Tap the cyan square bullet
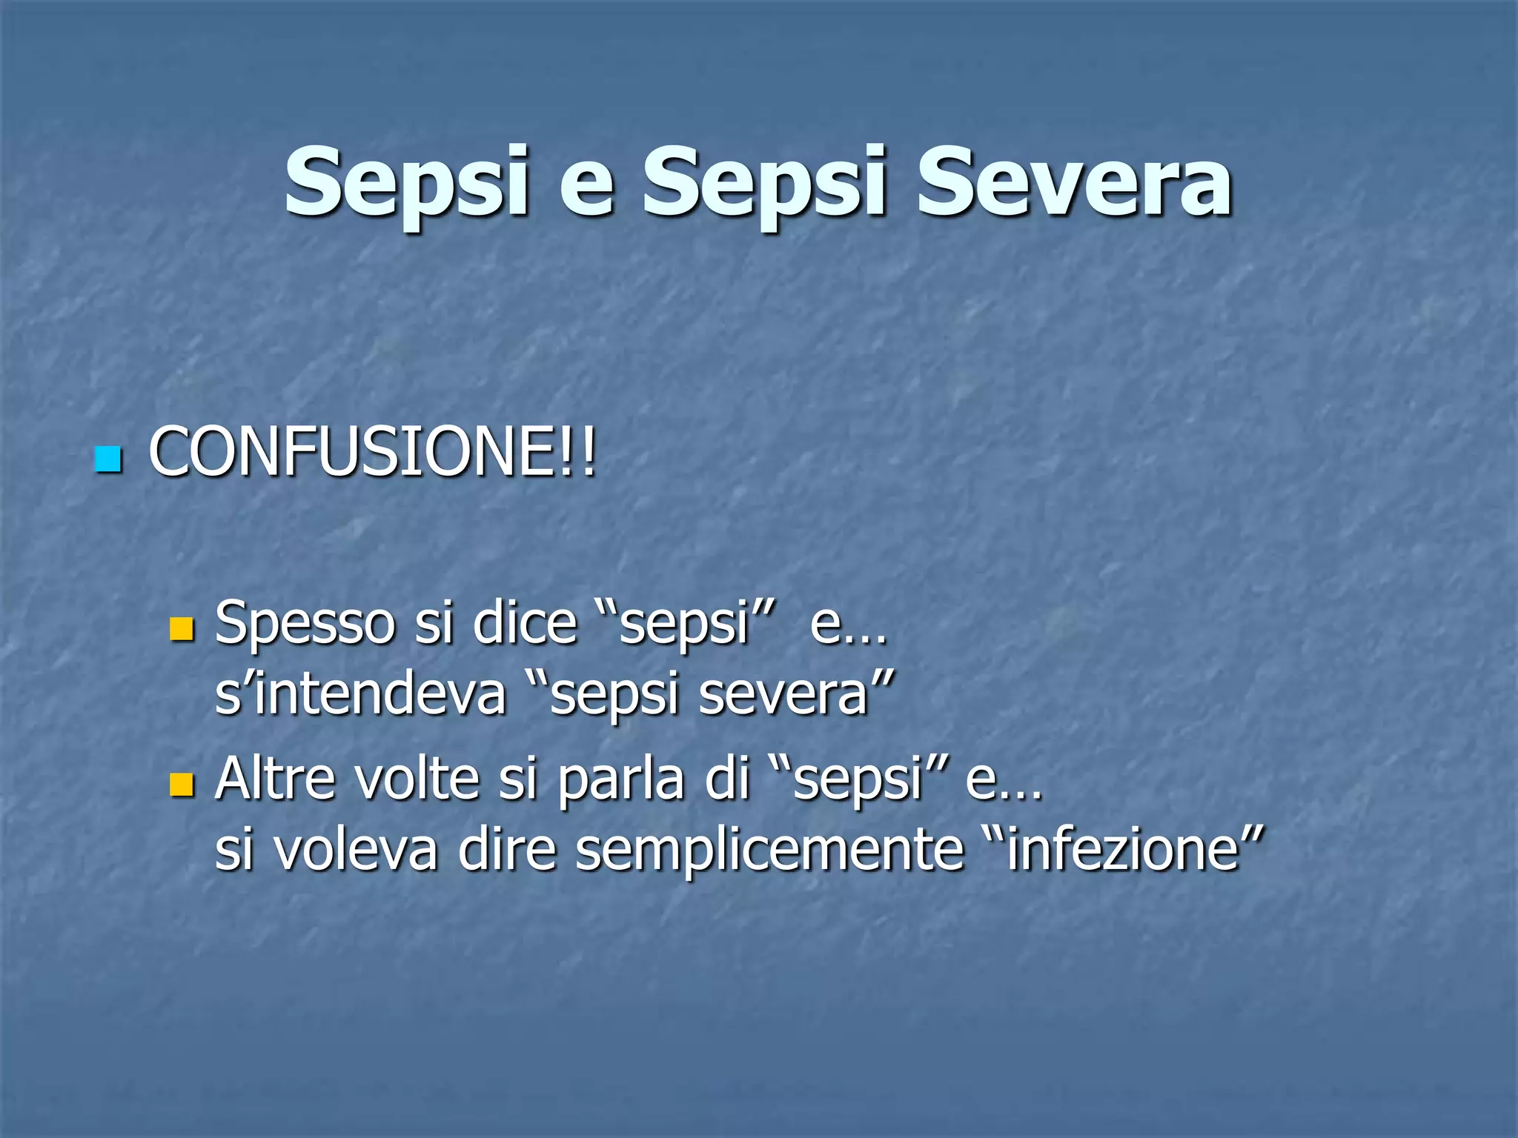(108, 459)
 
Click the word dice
(525, 623)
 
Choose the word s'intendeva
(360, 695)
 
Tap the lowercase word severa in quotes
(784, 695)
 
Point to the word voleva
(356, 851)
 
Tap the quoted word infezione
(1124, 851)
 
